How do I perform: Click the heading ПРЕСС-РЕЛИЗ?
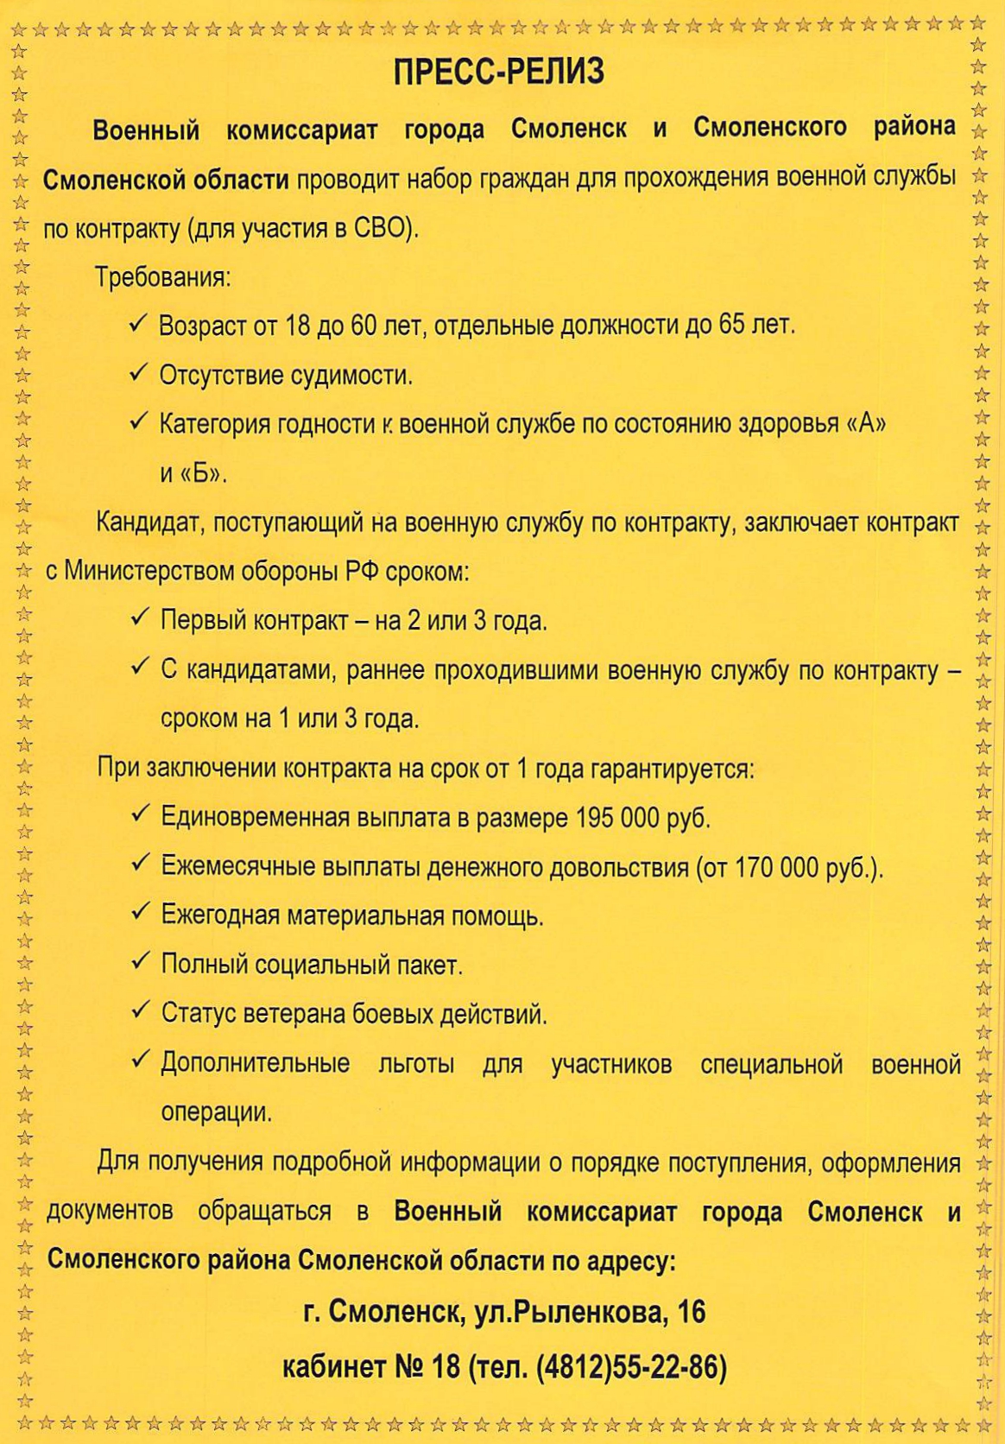[499, 73]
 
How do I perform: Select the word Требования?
[161, 278]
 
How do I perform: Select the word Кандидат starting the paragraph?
[148, 522]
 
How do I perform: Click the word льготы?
[416, 1064]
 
